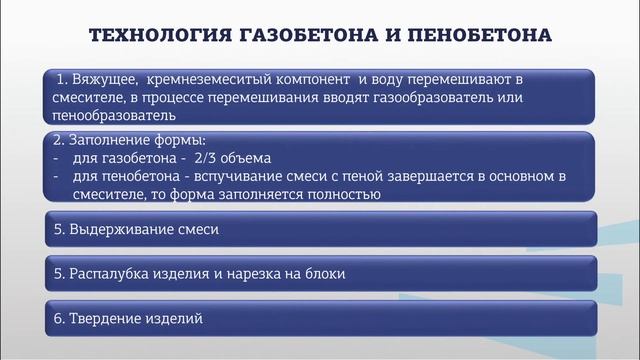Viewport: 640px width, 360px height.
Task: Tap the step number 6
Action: coord(58,318)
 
